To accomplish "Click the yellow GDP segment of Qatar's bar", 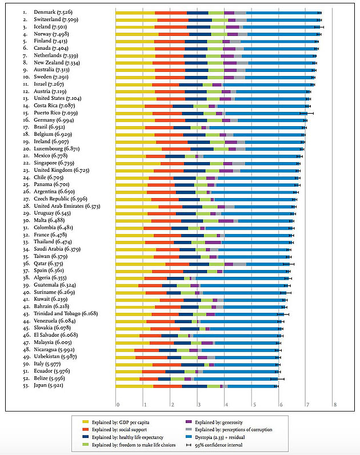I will coord(140,264).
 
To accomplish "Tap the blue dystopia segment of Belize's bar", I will coord(234,379).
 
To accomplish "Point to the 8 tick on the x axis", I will coord(335,405).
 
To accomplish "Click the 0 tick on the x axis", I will coord(117,405).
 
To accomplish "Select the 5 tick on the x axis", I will coord(253,405).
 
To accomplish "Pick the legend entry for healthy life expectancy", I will coord(126,437).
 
